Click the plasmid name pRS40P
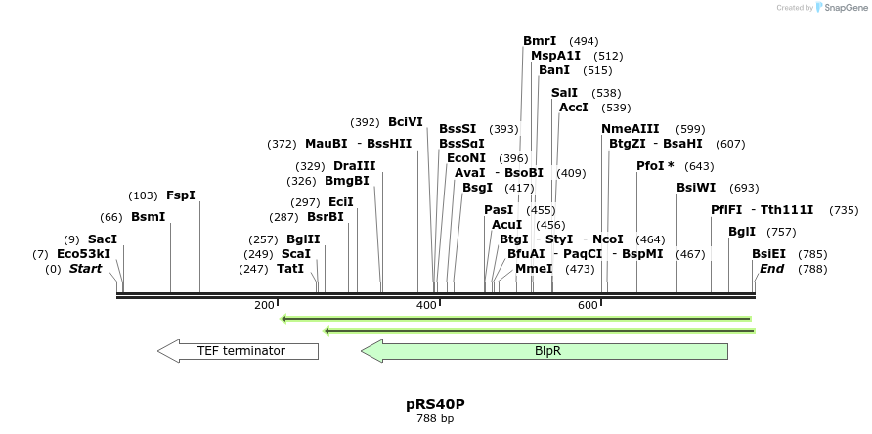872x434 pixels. coord(435,404)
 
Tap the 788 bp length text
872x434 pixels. coord(435,419)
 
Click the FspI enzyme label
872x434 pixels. coord(181,195)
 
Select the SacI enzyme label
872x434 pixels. coord(103,239)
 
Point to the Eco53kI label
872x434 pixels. coord(83,254)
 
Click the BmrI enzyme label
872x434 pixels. coord(540,41)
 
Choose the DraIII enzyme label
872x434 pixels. coord(354,166)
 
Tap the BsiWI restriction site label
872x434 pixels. coord(696,188)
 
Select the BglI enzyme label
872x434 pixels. coord(742,232)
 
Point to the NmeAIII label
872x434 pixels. coord(631,129)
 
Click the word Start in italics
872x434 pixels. coord(85,269)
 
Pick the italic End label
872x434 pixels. coord(771,269)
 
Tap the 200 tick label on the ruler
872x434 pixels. coord(264,306)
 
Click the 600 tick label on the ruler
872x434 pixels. coord(587,306)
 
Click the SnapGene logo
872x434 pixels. coord(840,8)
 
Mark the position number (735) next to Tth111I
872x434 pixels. coord(844,210)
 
